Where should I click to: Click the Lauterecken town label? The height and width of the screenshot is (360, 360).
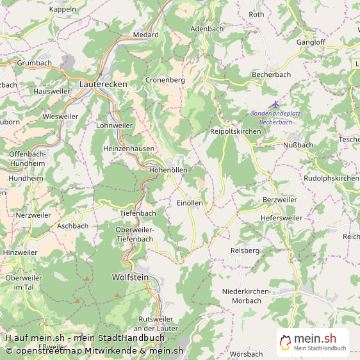pos(103,84)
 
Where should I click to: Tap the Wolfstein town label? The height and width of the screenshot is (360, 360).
pos(130,277)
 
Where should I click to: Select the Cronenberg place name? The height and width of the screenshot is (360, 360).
pos(165,80)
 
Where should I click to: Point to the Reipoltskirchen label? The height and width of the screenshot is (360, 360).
pos(236,131)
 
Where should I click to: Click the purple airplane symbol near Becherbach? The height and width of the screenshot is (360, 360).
pos(275,104)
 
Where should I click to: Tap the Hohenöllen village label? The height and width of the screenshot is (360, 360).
pos(168,170)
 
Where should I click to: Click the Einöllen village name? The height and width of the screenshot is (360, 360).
pos(190,202)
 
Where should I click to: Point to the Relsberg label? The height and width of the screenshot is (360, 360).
pos(245,250)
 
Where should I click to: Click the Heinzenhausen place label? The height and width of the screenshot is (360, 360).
pos(128,148)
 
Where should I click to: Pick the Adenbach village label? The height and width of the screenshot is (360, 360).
pos(207,29)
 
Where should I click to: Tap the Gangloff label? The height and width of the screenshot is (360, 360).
pos(311,42)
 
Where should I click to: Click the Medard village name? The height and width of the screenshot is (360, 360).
pos(145,35)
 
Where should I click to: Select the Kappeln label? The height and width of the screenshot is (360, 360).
pos(62,9)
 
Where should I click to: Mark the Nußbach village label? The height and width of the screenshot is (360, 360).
pos(298,145)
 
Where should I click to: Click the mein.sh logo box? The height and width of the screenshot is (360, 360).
pos(313,342)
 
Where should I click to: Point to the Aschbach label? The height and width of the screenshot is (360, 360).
pos(72,225)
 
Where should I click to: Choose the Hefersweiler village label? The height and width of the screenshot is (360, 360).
pos(281,218)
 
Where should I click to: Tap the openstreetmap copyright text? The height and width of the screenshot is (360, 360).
pos(95,350)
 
